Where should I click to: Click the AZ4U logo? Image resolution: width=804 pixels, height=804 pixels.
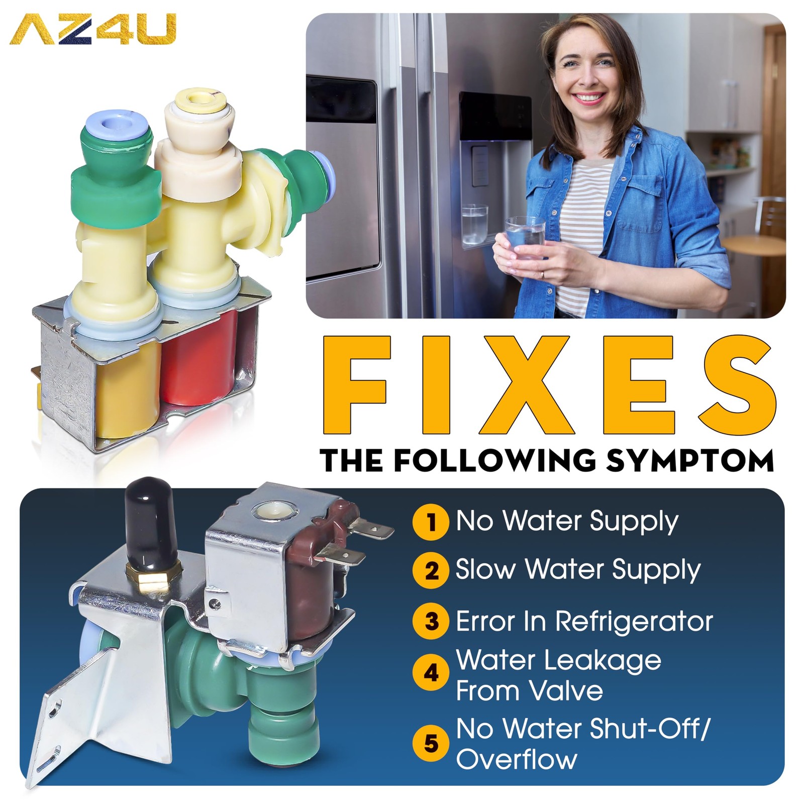[93, 29]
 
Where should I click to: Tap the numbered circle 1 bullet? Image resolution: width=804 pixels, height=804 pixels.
[431, 523]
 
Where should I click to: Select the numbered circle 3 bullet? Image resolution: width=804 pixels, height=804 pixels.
[431, 621]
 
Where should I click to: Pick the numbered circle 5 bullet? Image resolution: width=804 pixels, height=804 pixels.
[431, 744]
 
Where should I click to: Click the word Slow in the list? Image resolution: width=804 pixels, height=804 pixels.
[485, 569]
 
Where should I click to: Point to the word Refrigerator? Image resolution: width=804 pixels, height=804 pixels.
[634, 622]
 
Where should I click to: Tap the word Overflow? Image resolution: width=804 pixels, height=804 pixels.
[517, 759]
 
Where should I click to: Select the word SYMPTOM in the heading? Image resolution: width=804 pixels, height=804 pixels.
[690, 460]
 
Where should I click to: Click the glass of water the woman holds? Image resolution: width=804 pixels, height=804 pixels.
[525, 238]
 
